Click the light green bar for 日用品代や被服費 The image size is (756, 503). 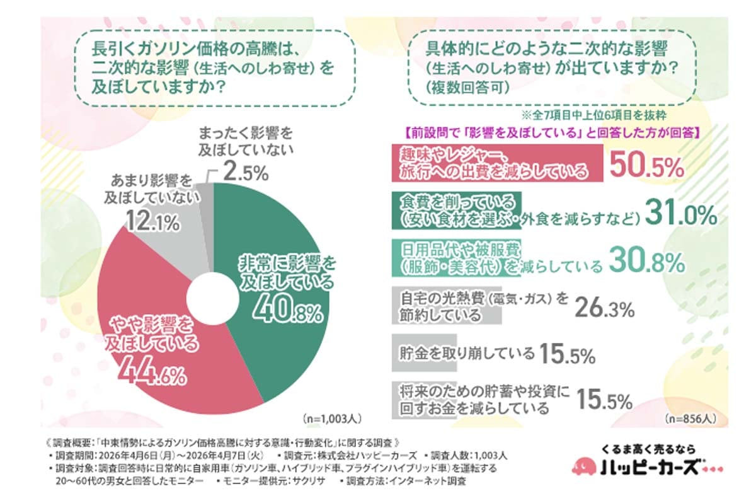coord(454,257)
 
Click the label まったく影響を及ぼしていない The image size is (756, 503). coord(246,142)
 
